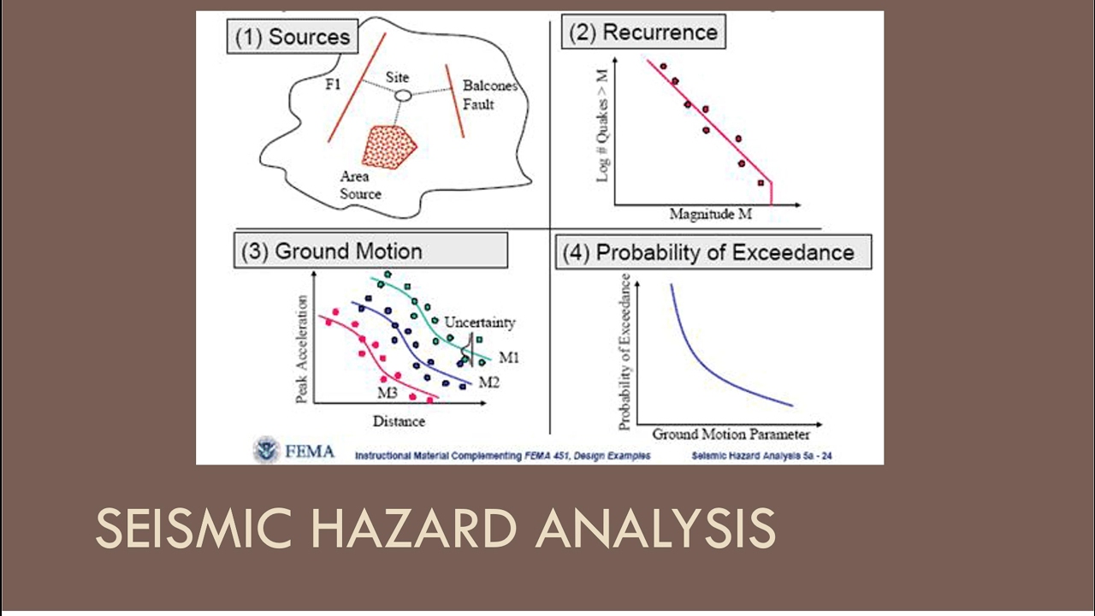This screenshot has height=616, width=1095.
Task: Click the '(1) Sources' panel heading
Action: (x=292, y=38)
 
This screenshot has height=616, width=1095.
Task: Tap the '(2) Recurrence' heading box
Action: (x=643, y=33)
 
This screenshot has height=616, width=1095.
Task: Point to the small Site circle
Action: (x=403, y=96)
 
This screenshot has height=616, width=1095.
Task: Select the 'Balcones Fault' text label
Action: (x=485, y=95)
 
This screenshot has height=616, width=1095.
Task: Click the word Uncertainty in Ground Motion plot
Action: (x=479, y=323)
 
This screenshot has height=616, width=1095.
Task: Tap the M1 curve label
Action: (x=509, y=357)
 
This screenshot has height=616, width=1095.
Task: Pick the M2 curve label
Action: (x=488, y=382)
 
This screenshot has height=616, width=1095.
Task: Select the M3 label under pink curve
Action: (x=388, y=392)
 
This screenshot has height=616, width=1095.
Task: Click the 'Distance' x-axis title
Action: (x=399, y=421)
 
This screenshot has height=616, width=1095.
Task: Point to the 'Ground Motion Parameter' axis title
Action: (x=731, y=435)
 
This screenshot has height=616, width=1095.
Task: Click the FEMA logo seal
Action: (x=267, y=450)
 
